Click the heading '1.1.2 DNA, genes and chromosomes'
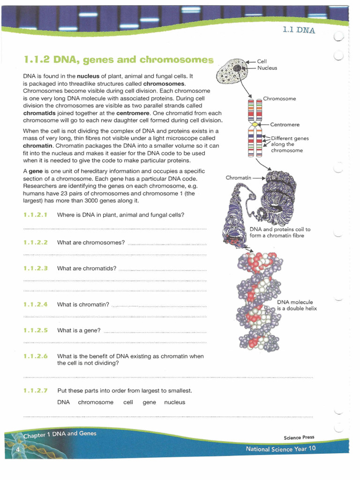pos(118,60)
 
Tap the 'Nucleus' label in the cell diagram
pos(267,68)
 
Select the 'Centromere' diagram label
pos(285,125)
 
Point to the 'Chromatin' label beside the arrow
pos(239,178)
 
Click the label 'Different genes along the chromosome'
pos(290,144)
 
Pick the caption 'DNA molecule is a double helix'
pos(297,305)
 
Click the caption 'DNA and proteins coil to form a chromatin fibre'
pos(280,232)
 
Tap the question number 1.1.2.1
pos(36,215)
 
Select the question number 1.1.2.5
pos(36,330)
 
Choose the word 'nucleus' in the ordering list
pos(174,402)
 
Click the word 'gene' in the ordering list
pos(149,402)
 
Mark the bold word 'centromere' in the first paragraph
pos(135,113)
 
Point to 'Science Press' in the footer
pos(299,437)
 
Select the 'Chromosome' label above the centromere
pos(279,99)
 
